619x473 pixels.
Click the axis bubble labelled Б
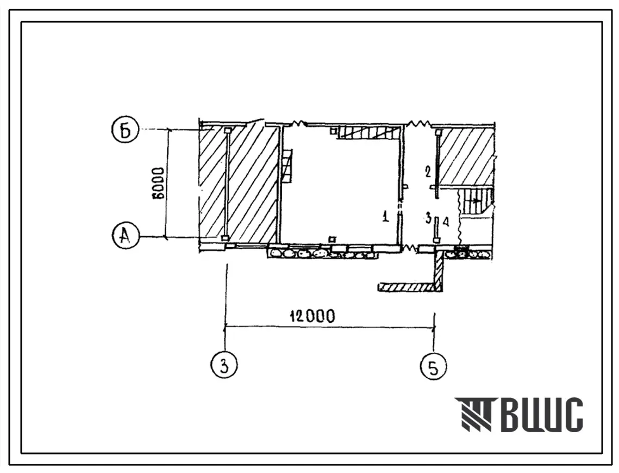[x=126, y=131]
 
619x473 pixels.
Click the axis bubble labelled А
[x=126, y=236]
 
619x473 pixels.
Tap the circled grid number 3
[x=224, y=365]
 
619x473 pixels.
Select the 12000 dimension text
[x=312, y=316]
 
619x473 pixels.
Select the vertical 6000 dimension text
[x=159, y=183]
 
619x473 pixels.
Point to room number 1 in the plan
[x=386, y=217]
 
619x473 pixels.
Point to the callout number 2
[x=428, y=173]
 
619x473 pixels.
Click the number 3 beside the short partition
[x=428, y=218]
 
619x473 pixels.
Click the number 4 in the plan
[x=446, y=222]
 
